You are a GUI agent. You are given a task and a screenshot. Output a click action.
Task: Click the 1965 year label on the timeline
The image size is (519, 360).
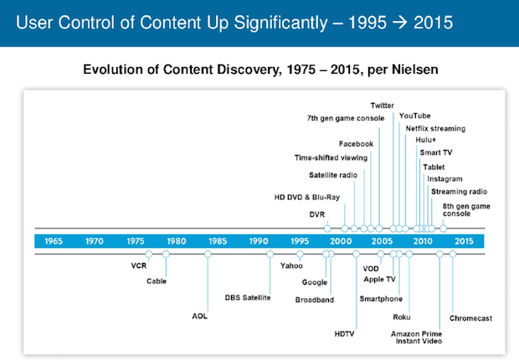(54, 241)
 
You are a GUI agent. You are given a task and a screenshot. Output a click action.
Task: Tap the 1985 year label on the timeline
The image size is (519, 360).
(218, 241)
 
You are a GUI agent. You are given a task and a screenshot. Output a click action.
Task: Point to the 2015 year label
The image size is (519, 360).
(464, 241)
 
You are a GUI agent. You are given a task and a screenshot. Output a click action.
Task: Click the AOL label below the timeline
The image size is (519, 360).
(199, 316)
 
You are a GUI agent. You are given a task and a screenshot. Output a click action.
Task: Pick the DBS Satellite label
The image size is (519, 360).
(247, 297)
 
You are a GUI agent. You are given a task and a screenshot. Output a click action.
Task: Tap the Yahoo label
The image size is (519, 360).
(292, 266)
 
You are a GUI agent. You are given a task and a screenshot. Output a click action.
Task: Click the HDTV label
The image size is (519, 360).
(346, 332)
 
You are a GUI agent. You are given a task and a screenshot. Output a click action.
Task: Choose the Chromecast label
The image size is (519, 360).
(471, 318)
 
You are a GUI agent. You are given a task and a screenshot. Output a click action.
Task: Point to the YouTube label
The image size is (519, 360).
(415, 116)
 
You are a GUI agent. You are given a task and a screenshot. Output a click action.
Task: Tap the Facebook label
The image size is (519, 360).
(356, 144)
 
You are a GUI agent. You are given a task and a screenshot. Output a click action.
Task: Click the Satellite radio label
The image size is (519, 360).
(333, 174)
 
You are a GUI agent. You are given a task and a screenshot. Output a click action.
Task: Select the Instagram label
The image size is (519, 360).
(444, 178)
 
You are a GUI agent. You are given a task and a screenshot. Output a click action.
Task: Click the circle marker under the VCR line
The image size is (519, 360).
(148, 253)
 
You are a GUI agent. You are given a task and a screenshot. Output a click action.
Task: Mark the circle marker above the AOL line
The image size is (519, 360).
(208, 253)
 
